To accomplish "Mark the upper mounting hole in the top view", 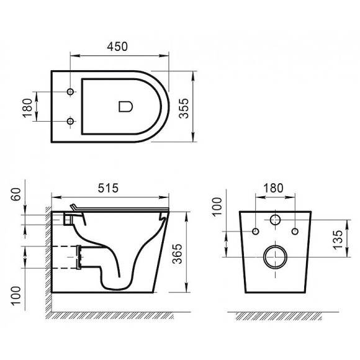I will click(x=71, y=92).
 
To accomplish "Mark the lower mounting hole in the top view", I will click(x=71, y=122).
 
